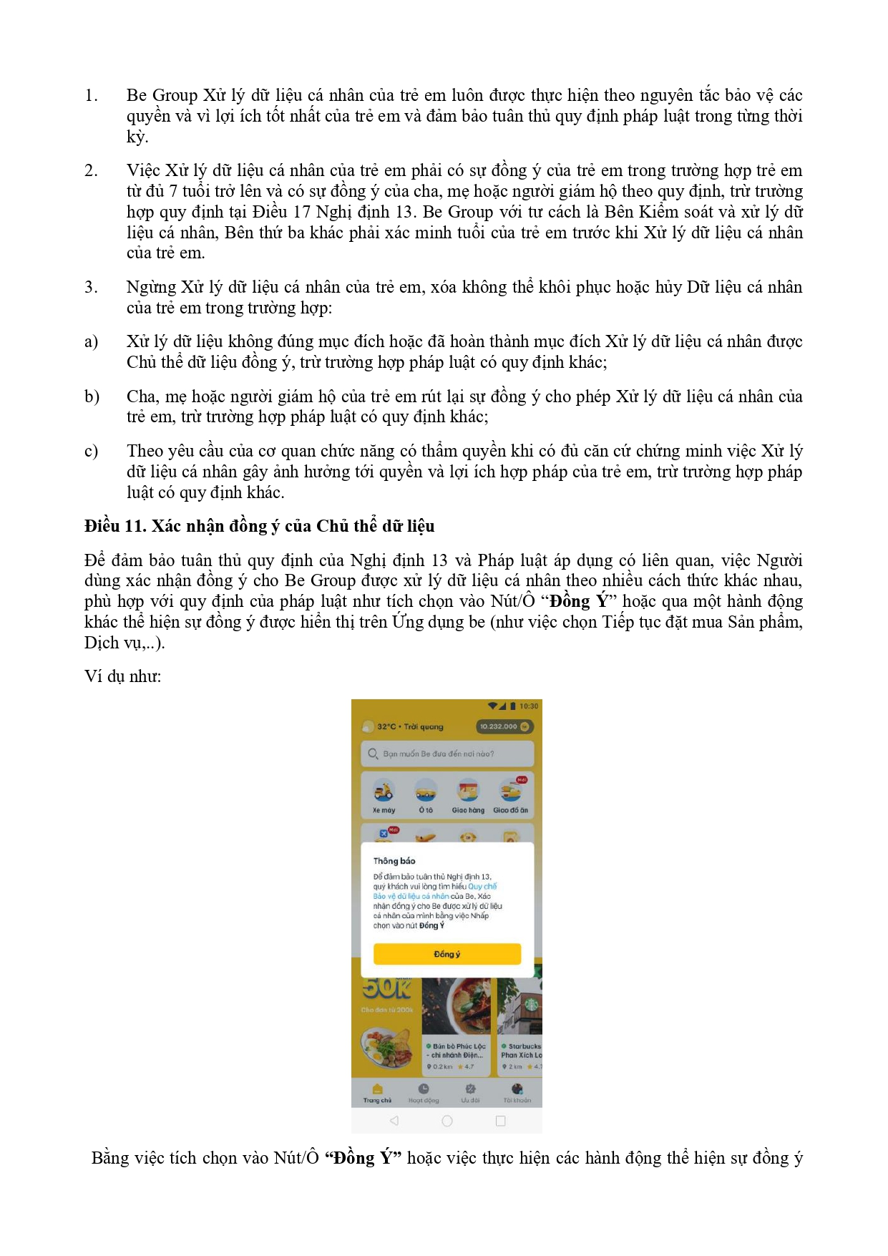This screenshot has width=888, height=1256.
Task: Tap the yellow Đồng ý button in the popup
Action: pyautogui.click(x=447, y=954)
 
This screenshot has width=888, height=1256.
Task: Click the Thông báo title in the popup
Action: pyautogui.click(x=394, y=861)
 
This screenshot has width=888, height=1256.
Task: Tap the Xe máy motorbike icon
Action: pyautogui.click(x=384, y=792)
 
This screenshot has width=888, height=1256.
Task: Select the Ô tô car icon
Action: pyautogui.click(x=426, y=792)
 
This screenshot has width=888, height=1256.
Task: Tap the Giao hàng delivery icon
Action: pyautogui.click(x=468, y=792)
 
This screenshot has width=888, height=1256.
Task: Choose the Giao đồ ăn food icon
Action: pyautogui.click(x=510, y=792)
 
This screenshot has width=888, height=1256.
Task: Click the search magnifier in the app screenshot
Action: pyautogui.click(x=373, y=754)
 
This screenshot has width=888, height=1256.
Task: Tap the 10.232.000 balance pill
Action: pyautogui.click(x=504, y=726)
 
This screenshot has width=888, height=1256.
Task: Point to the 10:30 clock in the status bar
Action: pyautogui.click(x=529, y=706)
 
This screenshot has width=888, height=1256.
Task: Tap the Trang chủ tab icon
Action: pyautogui.click(x=377, y=1089)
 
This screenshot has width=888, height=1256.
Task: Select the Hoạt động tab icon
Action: pyautogui.click(x=424, y=1089)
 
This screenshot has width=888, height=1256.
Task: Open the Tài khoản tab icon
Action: pyautogui.click(x=517, y=1089)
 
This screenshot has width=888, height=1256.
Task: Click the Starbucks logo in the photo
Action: pyautogui.click(x=532, y=1004)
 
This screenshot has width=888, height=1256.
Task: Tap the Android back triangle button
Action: pyautogui.click(x=394, y=1121)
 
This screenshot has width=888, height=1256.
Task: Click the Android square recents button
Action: pyautogui.click(x=500, y=1121)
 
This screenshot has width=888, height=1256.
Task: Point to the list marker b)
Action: pyautogui.click(x=92, y=396)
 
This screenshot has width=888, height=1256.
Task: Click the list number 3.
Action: pyautogui.click(x=91, y=287)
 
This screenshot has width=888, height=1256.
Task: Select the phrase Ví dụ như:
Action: pyautogui.click(x=123, y=676)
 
